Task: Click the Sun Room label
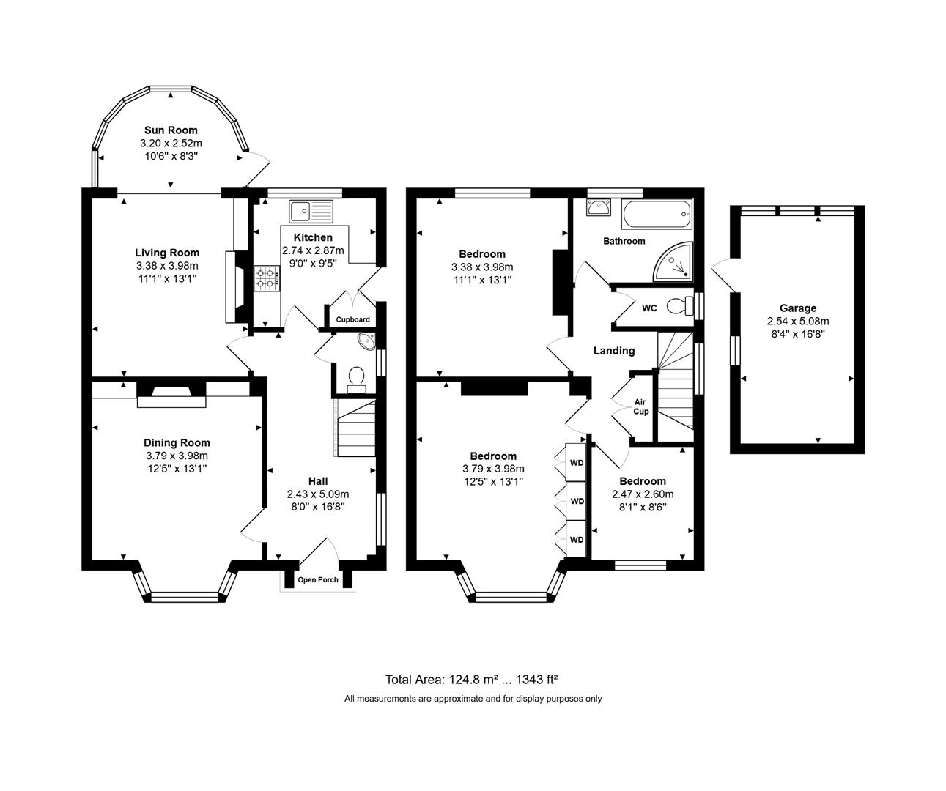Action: (171, 130)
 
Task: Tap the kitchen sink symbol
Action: (311, 212)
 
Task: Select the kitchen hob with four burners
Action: (267, 278)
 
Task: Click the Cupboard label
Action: (352, 320)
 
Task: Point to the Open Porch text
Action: (318, 580)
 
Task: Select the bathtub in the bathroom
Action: (656, 213)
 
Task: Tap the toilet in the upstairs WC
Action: (681, 305)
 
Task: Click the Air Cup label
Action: (640, 406)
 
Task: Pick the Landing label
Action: (614, 351)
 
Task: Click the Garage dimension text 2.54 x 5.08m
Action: (798, 322)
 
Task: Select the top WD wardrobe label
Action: (577, 463)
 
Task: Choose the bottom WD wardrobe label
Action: (577, 540)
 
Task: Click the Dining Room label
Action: (177, 442)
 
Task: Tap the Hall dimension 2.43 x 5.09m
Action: (318, 494)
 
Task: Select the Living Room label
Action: (167, 253)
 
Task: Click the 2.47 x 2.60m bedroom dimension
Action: (643, 494)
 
